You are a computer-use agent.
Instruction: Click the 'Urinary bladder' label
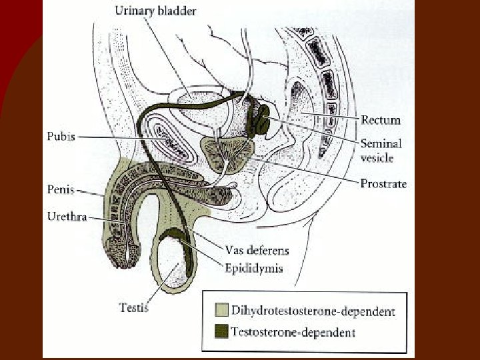[x=155, y=11]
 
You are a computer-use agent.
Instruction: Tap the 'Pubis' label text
[x=61, y=136]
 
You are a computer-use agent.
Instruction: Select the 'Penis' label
[x=61, y=190]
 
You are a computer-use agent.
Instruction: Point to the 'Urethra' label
[x=67, y=217]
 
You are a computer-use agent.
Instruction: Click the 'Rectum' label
[x=381, y=120]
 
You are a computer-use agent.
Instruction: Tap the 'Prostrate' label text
[x=383, y=183]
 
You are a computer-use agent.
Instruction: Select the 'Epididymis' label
[x=253, y=269]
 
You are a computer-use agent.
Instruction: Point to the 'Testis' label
[x=133, y=307]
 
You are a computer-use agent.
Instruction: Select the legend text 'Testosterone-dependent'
[x=293, y=331]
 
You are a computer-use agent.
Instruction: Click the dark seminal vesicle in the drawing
[x=262, y=119]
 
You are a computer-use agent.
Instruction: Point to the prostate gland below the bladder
[x=227, y=153]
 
